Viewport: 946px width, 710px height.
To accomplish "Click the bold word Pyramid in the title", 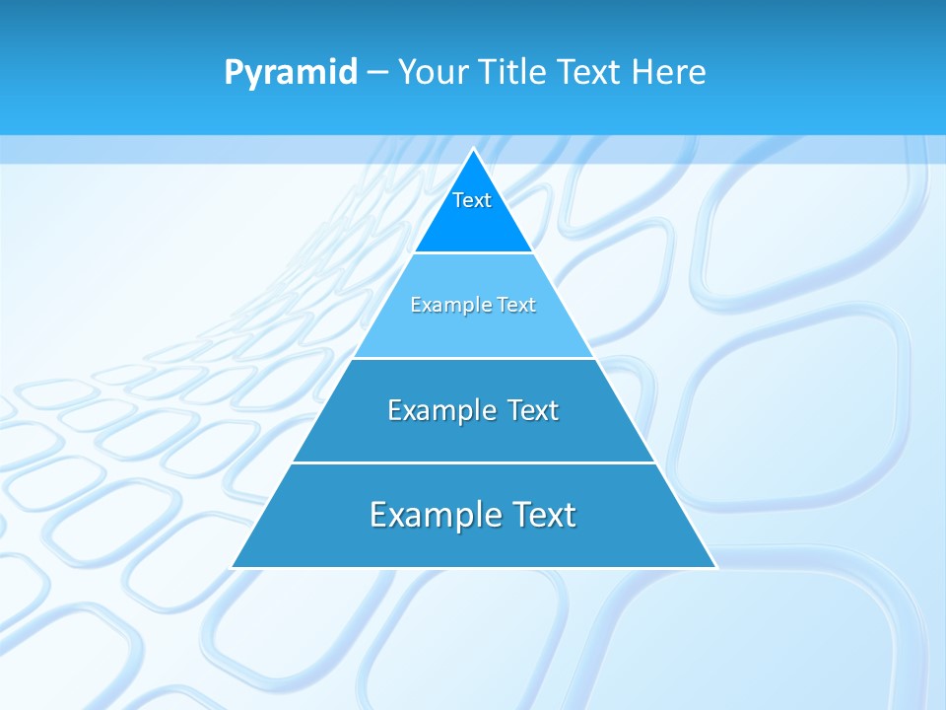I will point(291,73).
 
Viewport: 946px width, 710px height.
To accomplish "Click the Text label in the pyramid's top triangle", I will point(472,200).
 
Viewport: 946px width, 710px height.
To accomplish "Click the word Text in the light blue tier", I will point(516,305).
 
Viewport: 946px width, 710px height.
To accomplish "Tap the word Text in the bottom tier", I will point(541,515).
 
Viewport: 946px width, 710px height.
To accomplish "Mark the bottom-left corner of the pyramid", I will point(233,567).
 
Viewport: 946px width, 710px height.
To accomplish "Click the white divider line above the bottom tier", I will point(473,462).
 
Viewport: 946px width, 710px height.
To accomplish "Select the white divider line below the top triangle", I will point(473,252).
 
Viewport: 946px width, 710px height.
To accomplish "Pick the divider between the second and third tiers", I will point(473,358).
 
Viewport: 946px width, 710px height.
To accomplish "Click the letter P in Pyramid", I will point(234,72).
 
